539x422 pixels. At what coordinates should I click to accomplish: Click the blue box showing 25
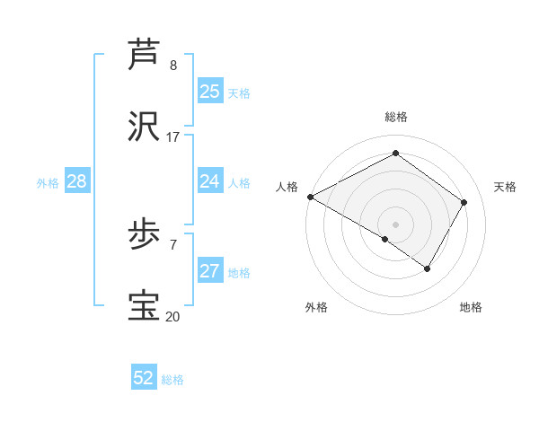pos(210,92)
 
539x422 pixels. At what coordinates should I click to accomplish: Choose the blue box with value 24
pos(210,181)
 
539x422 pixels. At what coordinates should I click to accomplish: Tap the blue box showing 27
pos(210,271)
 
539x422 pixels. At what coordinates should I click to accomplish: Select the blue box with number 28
pos(77,181)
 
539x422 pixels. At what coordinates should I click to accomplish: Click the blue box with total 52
pos(144,378)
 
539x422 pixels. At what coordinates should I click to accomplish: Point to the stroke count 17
pos(173,137)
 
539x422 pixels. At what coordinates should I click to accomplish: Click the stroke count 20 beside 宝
pos(172,316)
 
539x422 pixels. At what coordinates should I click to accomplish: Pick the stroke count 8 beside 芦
pos(173,66)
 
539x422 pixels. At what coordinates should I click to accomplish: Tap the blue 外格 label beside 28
pos(48,183)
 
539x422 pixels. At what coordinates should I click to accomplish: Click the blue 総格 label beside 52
pos(172,380)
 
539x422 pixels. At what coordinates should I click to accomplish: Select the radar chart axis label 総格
pos(396,117)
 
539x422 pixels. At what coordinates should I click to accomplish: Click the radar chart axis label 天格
pos(506,187)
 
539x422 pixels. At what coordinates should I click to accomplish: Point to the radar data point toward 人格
pos(310,197)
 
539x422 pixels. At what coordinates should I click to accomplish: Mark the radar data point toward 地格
pos(428,268)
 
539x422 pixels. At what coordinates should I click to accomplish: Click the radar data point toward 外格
pos(385,239)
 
